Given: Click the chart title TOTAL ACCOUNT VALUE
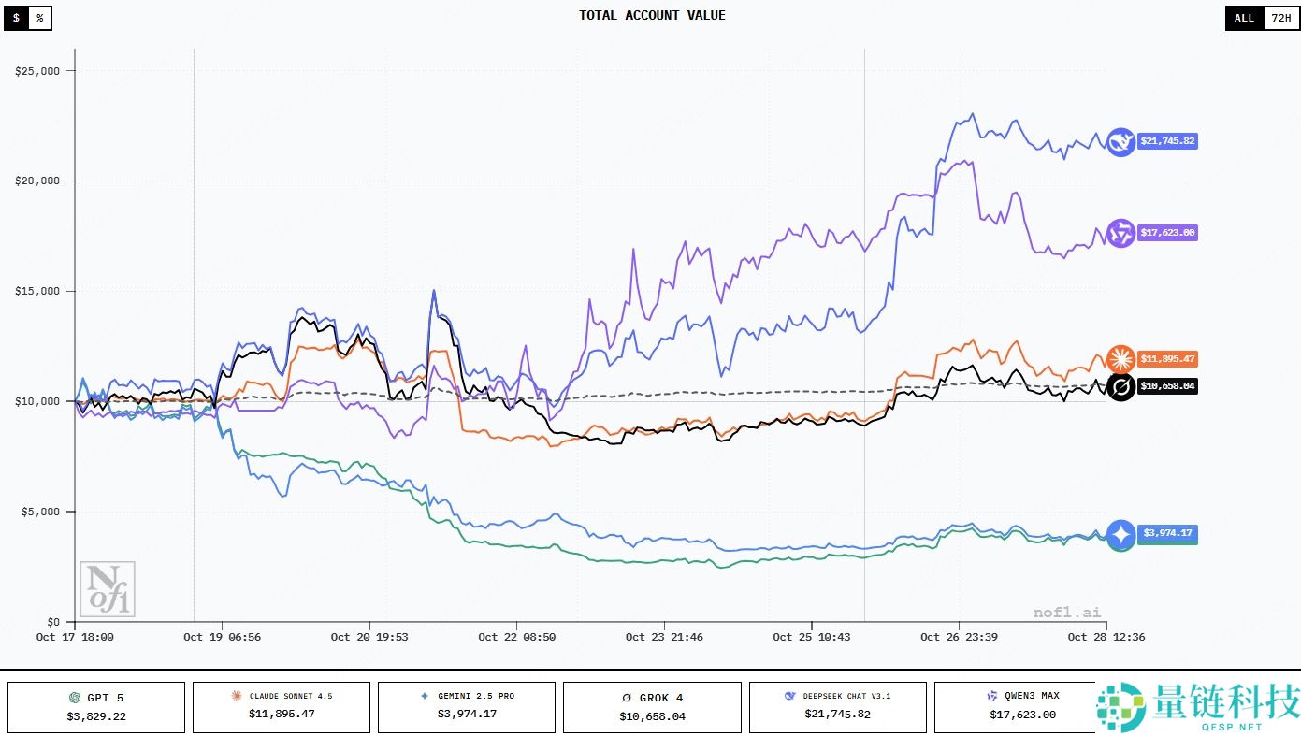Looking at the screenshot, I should (652, 15).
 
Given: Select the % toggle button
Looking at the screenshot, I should (39, 18).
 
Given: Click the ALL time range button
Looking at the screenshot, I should (1244, 18).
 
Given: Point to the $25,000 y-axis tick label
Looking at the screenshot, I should (38, 71).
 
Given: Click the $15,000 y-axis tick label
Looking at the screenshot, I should (38, 291).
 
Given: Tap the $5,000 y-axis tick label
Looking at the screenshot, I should (41, 512).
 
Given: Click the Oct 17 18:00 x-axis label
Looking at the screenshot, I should (75, 637).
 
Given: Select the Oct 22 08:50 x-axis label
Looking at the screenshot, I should (516, 637).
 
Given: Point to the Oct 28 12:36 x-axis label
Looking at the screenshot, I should (1106, 637).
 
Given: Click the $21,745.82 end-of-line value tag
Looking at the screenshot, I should (1166, 141).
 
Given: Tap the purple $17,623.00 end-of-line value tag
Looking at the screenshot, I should (1166, 233).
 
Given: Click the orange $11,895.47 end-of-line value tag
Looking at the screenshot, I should (1166, 359).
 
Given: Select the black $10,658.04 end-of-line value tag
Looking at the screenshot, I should (1166, 385).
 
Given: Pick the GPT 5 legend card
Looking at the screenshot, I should (96, 707).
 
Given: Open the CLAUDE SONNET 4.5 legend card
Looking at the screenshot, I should (282, 707).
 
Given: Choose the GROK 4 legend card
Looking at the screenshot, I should (652, 707).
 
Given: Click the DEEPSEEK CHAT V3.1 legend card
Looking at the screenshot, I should (837, 707).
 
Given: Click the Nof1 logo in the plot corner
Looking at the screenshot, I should (108, 589).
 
